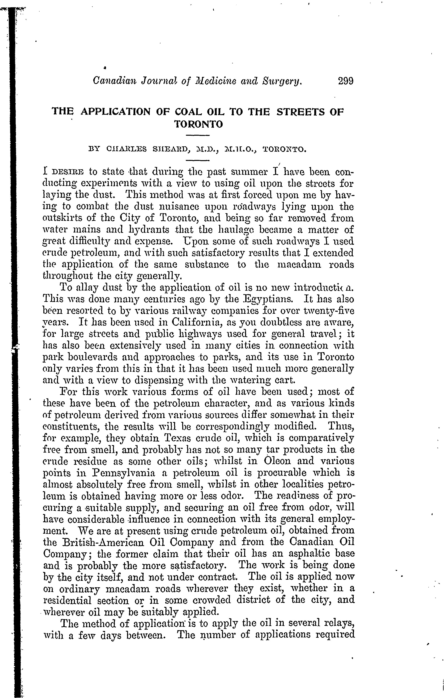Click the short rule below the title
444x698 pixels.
pos(197,136)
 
